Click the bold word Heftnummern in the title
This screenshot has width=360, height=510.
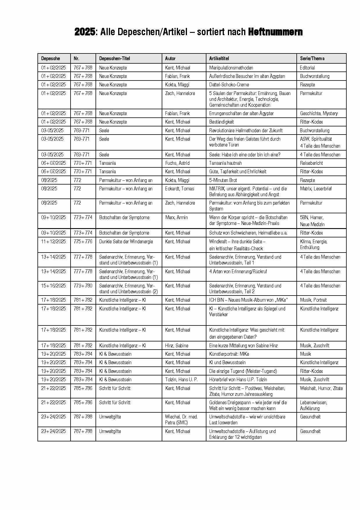pyautogui.click(x=275, y=32)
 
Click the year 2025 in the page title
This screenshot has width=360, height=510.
pyautogui.click(x=84, y=32)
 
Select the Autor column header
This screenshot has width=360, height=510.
pyautogui.click(x=170, y=58)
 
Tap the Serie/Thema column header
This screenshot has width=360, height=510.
pyautogui.click(x=312, y=58)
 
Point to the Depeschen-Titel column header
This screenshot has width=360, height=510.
pyautogui.click(x=114, y=58)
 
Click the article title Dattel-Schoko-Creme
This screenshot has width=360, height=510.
pyautogui.click(x=229, y=85)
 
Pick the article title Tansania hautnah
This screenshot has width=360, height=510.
pyautogui.click(x=225, y=163)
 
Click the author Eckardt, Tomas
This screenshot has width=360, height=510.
pyautogui.click(x=179, y=189)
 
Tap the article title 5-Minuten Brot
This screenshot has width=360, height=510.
pyautogui.click(x=223, y=180)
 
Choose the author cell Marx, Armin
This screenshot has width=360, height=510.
pyautogui.click(x=176, y=217)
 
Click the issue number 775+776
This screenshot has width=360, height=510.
pyautogui.click(x=83, y=241)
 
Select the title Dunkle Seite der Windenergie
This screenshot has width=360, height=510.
pyautogui.click(x=126, y=241)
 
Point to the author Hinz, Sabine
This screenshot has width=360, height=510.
pyautogui.click(x=177, y=346)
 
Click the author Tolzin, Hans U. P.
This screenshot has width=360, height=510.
pyautogui.click(x=181, y=380)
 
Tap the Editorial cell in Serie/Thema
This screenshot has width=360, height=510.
pyautogui.click(x=307, y=68)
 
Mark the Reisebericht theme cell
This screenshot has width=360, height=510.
pyautogui.click(x=311, y=163)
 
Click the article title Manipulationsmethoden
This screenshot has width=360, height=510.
pyautogui.click(x=231, y=68)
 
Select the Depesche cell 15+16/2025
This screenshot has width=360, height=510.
pyautogui.click(x=53, y=286)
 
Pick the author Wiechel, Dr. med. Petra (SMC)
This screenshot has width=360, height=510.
pyautogui.click(x=181, y=420)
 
